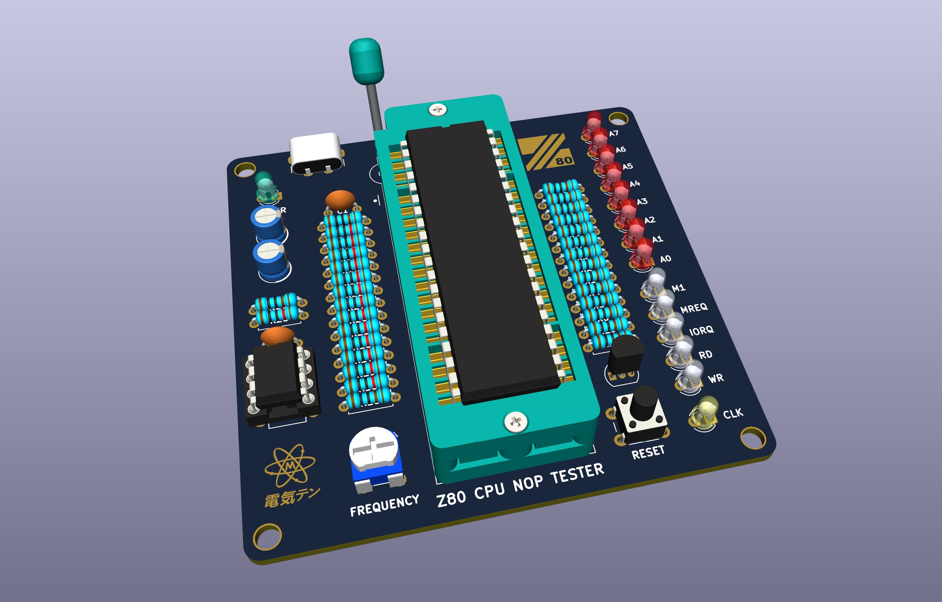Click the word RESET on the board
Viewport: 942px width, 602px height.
coord(648,453)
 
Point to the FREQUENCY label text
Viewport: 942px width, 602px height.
coord(384,506)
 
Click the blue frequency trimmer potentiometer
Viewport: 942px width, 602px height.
coord(374,456)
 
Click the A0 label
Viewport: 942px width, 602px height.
coord(665,259)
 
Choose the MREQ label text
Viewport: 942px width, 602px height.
coord(693,308)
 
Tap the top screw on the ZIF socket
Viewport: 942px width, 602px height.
coord(438,110)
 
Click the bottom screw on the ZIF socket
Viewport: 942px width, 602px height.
coord(516,422)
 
